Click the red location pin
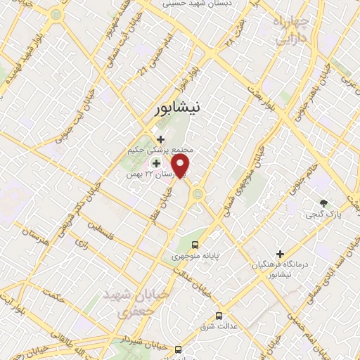(181, 165)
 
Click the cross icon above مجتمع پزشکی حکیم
(161, 139)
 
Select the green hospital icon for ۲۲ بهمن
(156, 163)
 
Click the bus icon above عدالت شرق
(219, 316)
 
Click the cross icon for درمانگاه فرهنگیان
(280, 253)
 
